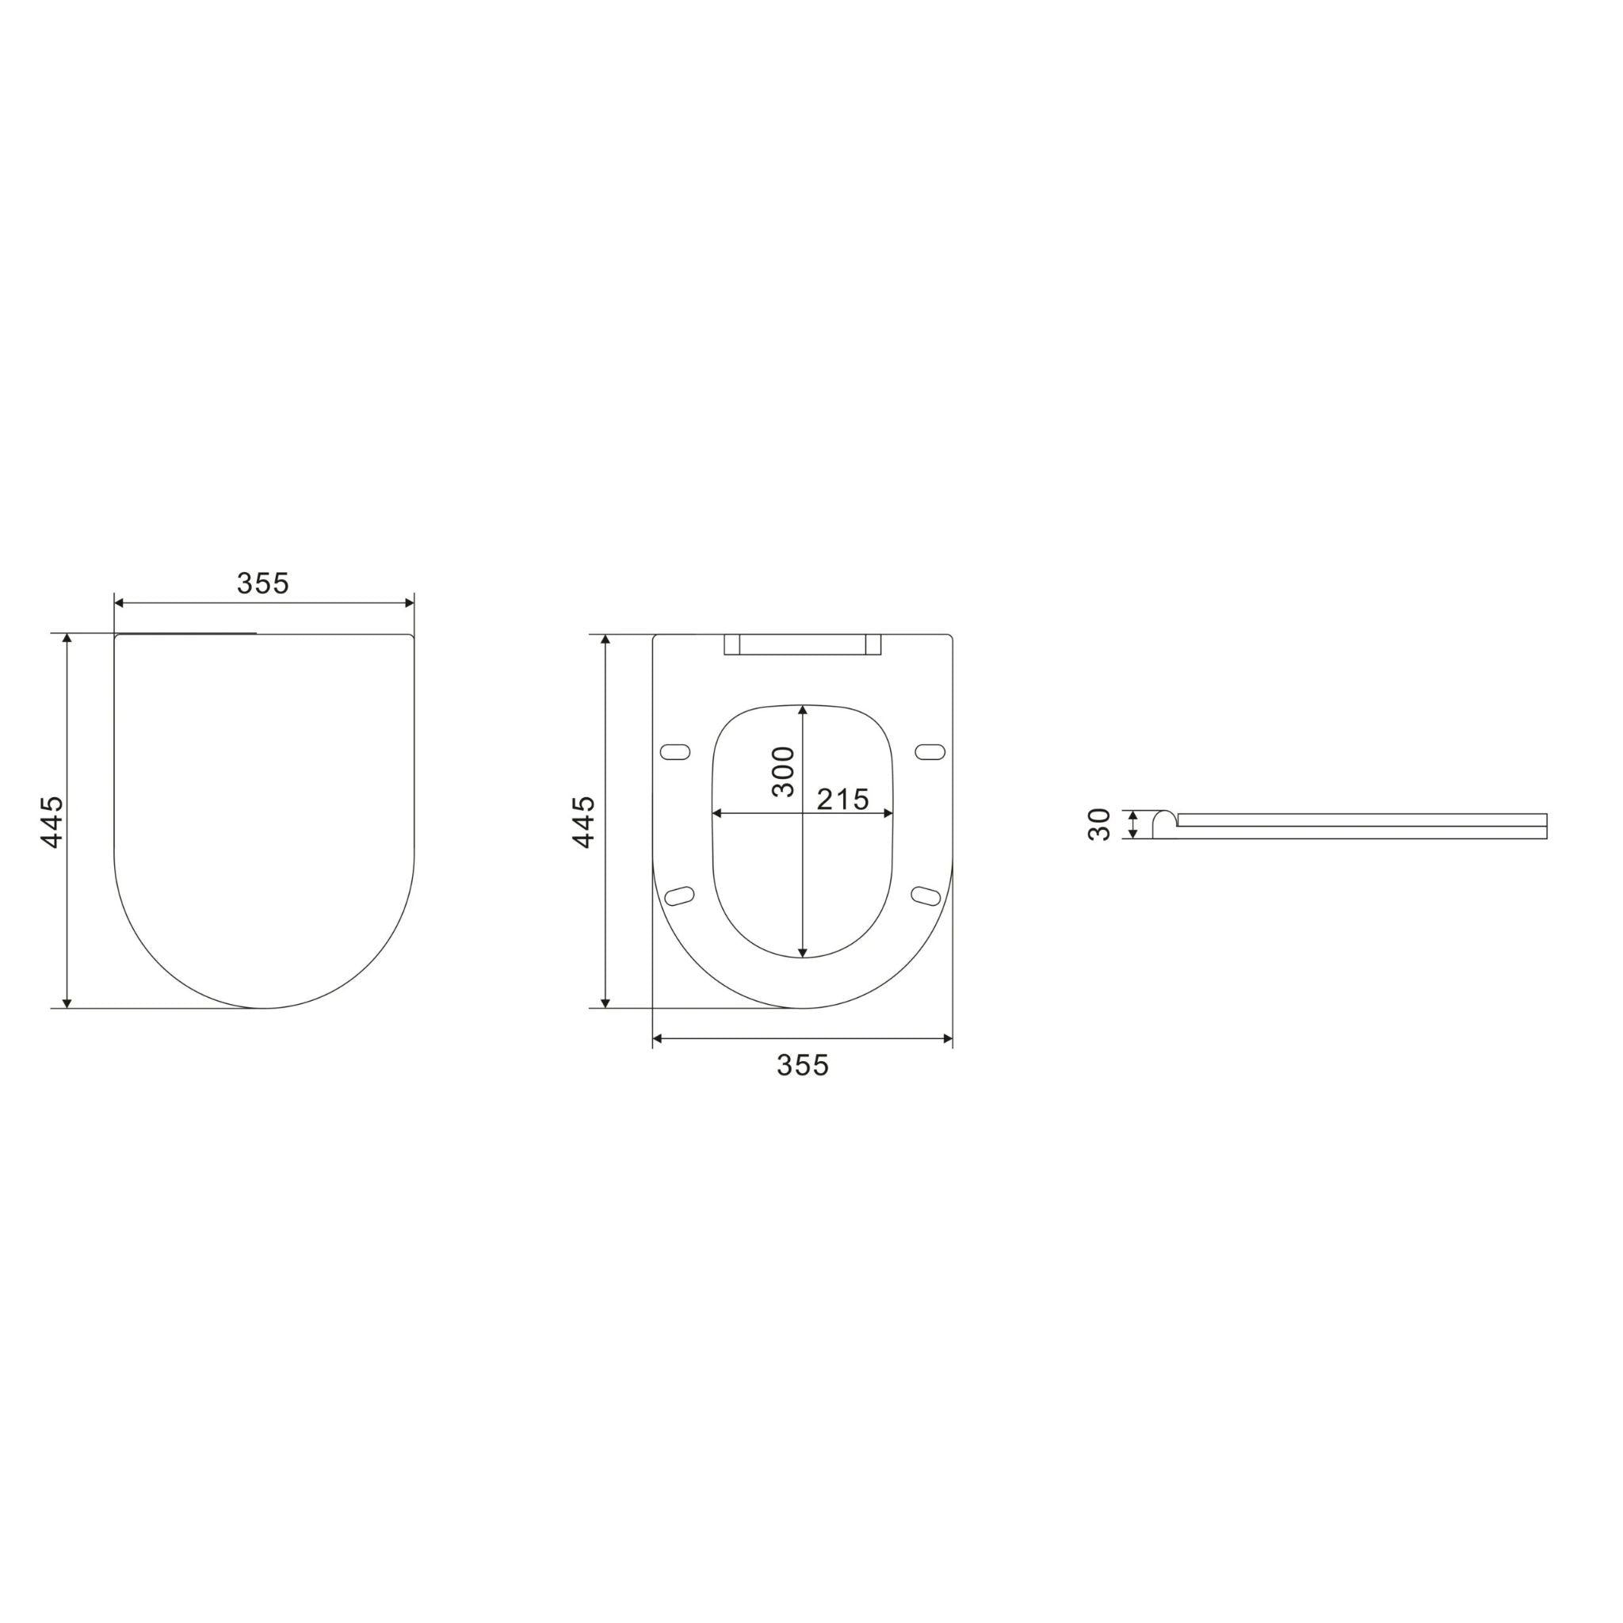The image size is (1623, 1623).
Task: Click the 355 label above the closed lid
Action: coord(263,583)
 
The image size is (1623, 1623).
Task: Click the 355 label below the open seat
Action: coord(802,1065)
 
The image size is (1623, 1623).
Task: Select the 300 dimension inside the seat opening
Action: coord(783,771)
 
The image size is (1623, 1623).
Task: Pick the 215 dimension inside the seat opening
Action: coord(842,800)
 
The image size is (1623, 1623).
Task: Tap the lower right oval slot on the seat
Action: coord(926,896)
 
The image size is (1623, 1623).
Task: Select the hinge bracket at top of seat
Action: coord(801,645)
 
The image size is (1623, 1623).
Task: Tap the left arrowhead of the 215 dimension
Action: coord(716,813)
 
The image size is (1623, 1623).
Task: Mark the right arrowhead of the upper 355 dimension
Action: coord(410,602)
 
